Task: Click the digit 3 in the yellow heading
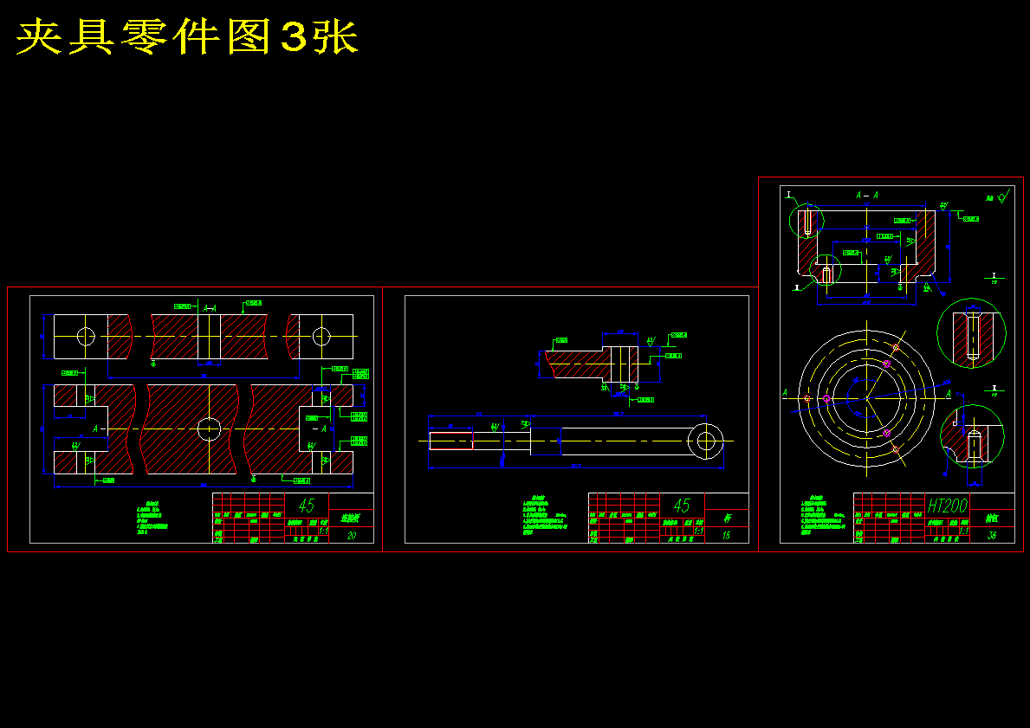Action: tap(295, 38)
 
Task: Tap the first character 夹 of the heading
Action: tap(39, 37)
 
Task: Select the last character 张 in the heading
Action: tap(336, 37)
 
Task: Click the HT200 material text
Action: tap(946, 506)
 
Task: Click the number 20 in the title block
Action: tap(351, 536)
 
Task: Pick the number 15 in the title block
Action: tap(726, 536)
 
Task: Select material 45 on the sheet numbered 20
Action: tap(306, 506)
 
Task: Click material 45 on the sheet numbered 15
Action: tap(682, 506)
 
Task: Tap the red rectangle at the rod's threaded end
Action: tap(451, 441)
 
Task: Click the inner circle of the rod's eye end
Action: tap(706, 441)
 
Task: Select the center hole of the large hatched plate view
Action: tap(209, 428)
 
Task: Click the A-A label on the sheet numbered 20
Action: tap(209, 306)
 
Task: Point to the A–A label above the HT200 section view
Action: tap(866, 196)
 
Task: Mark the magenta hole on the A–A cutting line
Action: tap(826, 399)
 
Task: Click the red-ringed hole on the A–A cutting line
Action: tap(807, 398)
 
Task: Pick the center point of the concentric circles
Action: tap(866, 398)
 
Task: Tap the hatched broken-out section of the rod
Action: tap(575, 364)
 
